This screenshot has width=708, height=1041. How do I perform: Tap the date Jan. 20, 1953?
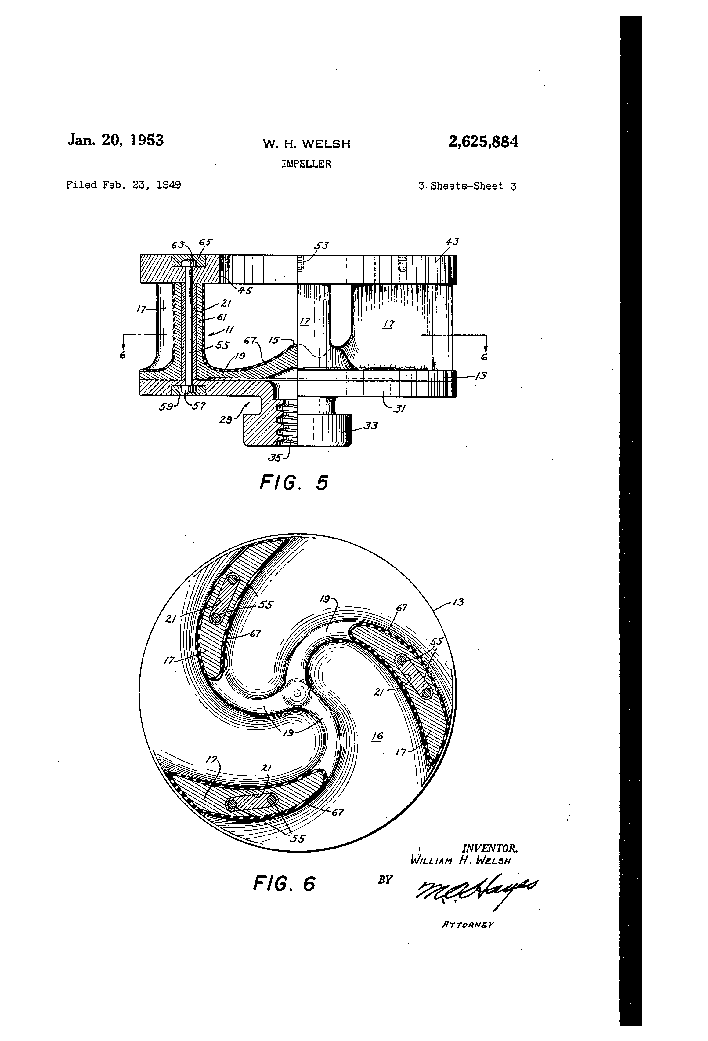115,140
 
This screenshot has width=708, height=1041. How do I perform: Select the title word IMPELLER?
306,164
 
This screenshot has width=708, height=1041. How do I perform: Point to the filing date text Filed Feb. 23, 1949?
124,185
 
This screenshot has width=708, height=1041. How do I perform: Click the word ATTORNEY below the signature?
468,924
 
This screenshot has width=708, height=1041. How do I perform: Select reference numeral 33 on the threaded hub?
370,426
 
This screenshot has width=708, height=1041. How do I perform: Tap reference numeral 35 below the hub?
275,458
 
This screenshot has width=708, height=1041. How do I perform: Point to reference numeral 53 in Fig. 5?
321,246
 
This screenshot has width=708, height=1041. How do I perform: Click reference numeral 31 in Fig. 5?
399,408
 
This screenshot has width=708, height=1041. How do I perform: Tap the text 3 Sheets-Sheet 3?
467,186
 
